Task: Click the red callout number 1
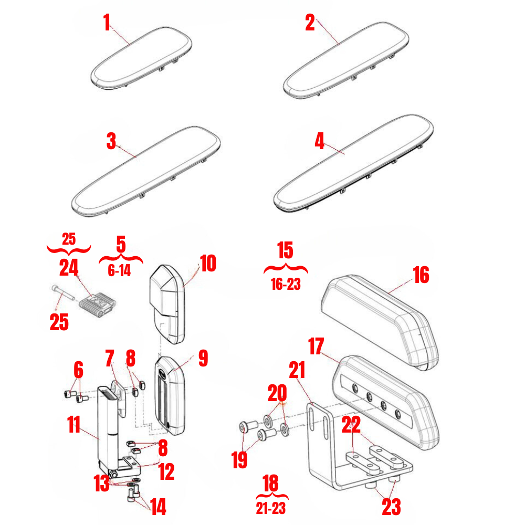pos(107,23)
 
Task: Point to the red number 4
pos(320,141)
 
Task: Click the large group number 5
pos(121,244)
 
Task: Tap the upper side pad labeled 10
pos(168,305)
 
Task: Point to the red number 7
pos(109,360)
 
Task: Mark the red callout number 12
pos(166,472)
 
